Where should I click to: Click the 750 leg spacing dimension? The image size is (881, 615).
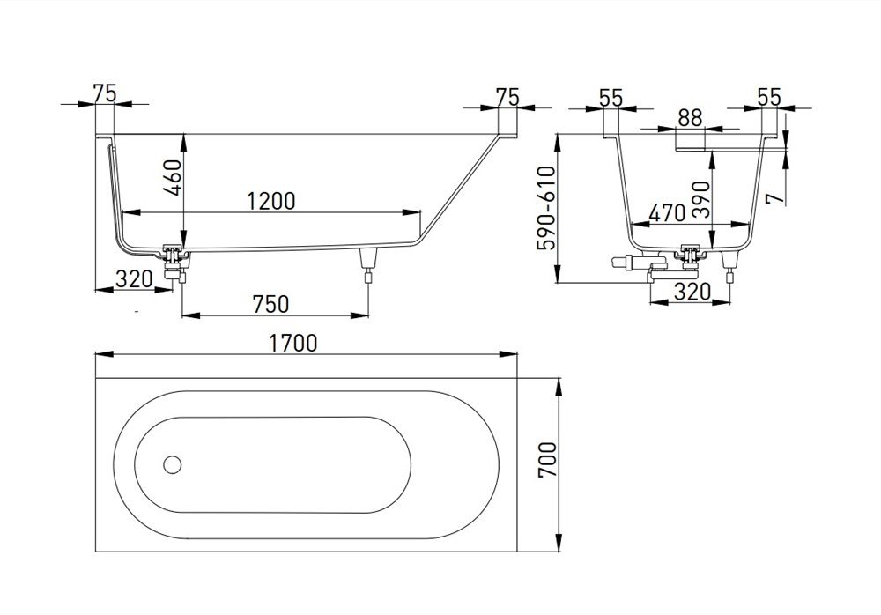[x=270, y=303]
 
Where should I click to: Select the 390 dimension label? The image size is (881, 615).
[x=724, y=198]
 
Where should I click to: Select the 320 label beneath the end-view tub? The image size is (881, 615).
[x=692, y=291]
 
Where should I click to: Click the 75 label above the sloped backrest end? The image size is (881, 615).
[x=506, y=96]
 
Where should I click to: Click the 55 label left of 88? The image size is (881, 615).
[x=611, y=97]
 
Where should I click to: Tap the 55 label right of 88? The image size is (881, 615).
[x=769, y=97]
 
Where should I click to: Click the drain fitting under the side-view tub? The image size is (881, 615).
[x=175, y=261]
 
